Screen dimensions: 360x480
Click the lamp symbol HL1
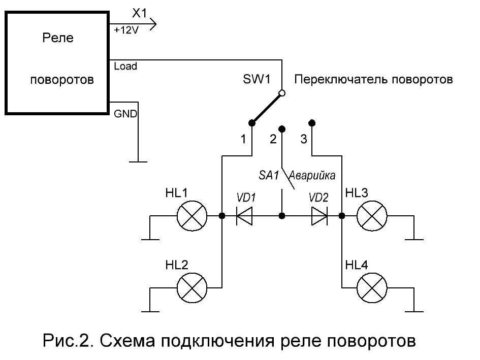pyautogui.click(x=191, y=216)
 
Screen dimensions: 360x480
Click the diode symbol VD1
pyautogui.click(x=245, y=216)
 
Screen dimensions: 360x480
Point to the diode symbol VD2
pyautogui.click(x=319, y=216)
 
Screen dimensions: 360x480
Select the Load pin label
pyautogui.click(x=125, y=66)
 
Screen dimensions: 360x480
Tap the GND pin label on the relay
pyautogui.click(x=125, y=114)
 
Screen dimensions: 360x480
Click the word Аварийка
pyautogui.click(x=312, y=176)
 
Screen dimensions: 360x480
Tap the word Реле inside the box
pyautogui.click(x=58, y=38)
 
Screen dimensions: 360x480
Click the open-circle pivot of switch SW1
pyautogui.click(x=282, y=93)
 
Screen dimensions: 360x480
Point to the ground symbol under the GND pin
pyautogui.click(x=138, y=161)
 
